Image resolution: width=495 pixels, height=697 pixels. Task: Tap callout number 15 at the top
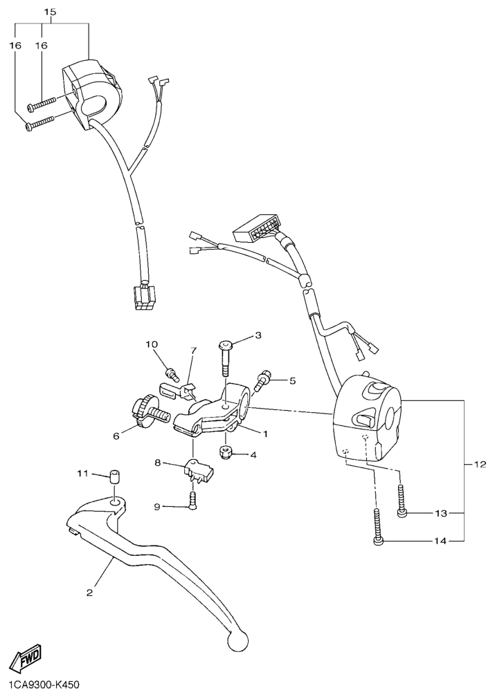click(x=51, y=12)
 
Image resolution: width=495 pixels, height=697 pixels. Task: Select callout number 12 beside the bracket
click(x=479, y=465)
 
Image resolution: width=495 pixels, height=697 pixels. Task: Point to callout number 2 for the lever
click(x=89, y=593)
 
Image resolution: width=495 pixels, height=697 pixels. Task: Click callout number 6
click(x=116, y=436)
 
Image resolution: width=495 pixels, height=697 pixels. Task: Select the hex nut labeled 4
click(x=226, y=452)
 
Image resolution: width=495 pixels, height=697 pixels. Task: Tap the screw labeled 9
click(x=192, y=501)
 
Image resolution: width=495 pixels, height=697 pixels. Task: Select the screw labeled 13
click(x=402, y=501)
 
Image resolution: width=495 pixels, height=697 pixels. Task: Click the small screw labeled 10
click(x=172, y=374)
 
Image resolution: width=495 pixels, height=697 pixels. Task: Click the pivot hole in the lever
click(x=114, y=502)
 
